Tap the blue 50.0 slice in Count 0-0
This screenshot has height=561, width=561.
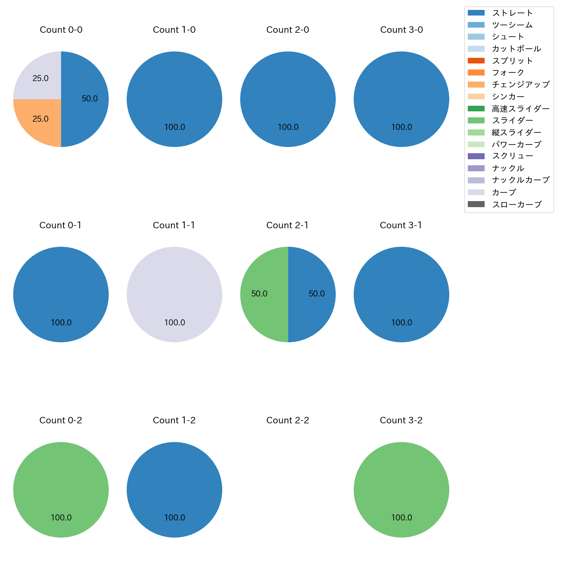(x=86, y=99)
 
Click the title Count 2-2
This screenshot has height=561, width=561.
(x=288, y=420)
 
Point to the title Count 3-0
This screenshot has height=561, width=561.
(x=401, y=30)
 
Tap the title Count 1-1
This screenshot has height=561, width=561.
(x=174, y=225)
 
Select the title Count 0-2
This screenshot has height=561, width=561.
(x=61, y=420)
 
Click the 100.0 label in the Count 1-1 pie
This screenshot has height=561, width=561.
(x=174, y=323)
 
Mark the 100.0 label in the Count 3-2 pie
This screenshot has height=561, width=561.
(x=401, y=518)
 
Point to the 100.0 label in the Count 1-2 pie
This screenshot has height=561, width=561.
(x=174, y=518)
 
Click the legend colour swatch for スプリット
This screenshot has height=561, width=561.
(x=476, y=61)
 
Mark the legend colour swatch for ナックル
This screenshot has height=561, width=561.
(x=476, y=168)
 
